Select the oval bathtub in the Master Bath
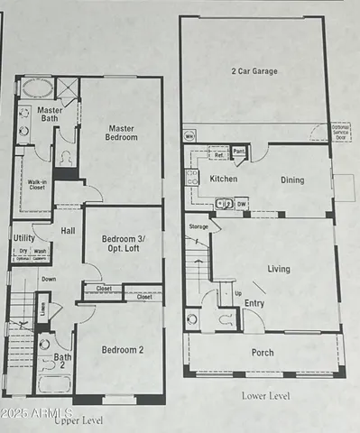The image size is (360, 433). [37, 88]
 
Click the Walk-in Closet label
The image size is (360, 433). [37, 184]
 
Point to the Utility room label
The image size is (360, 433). [24, 238]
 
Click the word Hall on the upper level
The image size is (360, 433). [68, 231]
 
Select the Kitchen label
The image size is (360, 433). [224, 180]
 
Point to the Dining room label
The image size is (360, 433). [291, 180]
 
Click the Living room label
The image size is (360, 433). [278, 268]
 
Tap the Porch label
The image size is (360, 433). [263, 353]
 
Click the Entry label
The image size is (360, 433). [254, 303]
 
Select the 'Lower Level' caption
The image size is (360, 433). [268, 396]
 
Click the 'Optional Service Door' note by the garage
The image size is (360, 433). [340, 132]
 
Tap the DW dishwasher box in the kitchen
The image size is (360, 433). [241, 204]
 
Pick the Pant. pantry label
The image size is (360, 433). [239, 152]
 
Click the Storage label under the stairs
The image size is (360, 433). [198, 226]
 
